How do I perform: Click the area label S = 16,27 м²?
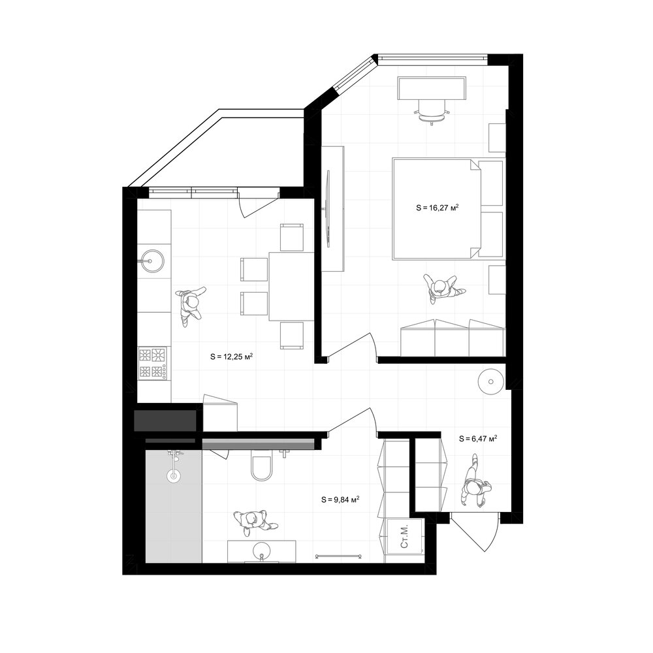click(x=438, y=207)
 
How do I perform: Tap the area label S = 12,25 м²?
click(x=232, y=357)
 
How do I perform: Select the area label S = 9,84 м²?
click(x=340, y=500)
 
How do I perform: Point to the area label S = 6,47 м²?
click(x=478, y=438)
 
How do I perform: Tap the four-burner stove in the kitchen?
click(x=153, y=363)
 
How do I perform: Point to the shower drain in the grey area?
click(x=173, y=475)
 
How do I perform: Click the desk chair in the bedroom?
click(x=432, y=112)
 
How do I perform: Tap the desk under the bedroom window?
click(x=432, y=88)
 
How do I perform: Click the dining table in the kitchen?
click(x=291, y=286)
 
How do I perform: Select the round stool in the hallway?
click(x=490, y=381)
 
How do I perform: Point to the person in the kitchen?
click(x=191, y=305)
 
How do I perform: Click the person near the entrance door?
click(x=475, y=483)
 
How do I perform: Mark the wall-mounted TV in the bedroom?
click(x=328, y=209)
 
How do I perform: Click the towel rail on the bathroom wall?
click(x=338, y=555)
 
